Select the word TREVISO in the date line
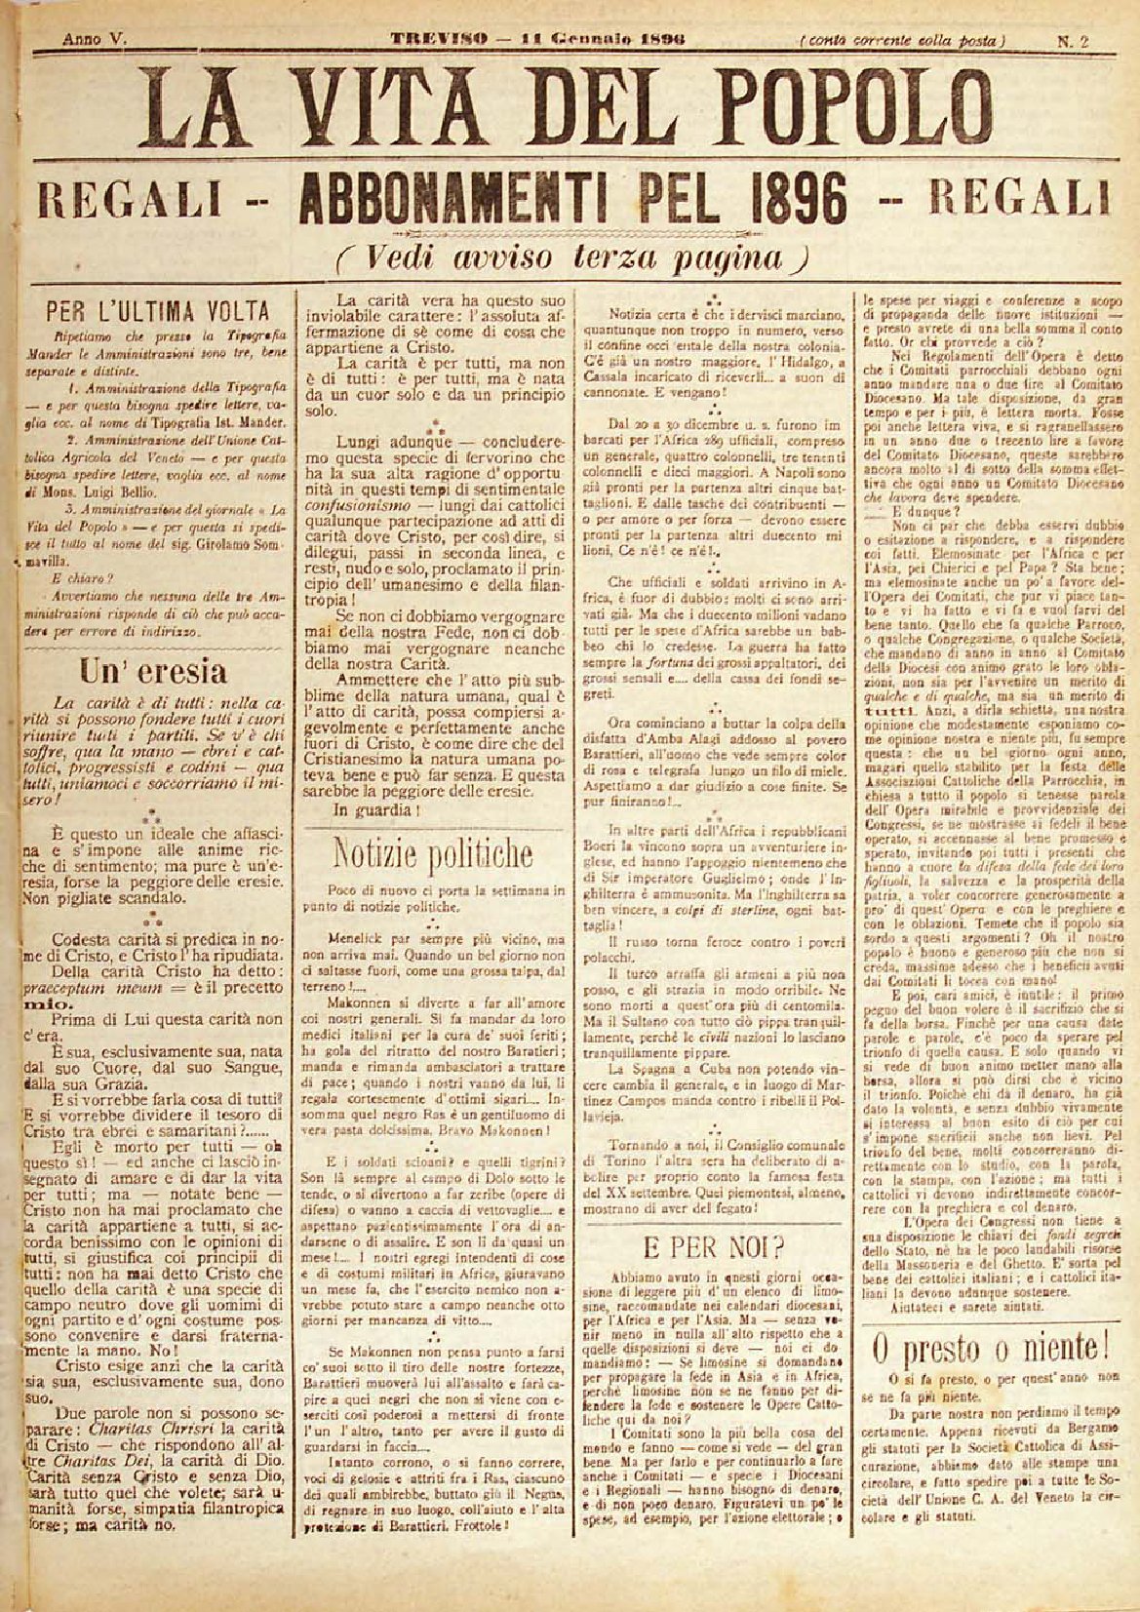(431, 39)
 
